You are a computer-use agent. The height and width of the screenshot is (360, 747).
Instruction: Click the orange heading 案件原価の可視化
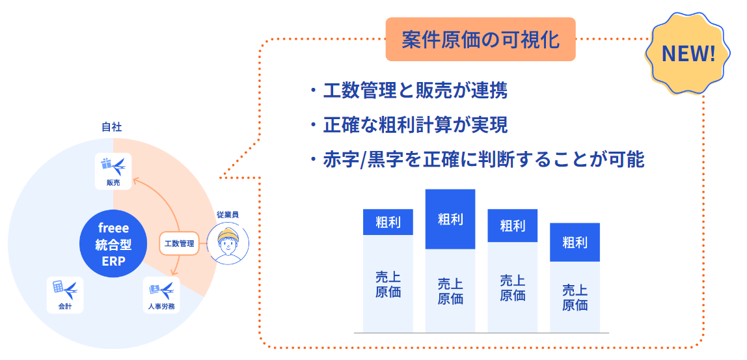(480, 40)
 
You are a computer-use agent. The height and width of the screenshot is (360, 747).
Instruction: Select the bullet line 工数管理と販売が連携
(414, 90)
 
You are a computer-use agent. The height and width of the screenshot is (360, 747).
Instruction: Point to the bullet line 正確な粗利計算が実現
(414, 125)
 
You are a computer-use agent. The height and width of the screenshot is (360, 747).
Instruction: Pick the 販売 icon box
(113, 171)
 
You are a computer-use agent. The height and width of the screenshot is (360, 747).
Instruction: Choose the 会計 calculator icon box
(65, 295)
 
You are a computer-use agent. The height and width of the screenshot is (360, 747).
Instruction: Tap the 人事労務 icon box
(161, 295)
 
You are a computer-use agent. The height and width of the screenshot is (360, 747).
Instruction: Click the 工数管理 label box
(179, 243)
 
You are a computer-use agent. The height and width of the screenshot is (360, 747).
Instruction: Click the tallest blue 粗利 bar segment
(450, 219)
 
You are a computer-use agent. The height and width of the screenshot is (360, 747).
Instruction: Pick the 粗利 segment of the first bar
(388, 223)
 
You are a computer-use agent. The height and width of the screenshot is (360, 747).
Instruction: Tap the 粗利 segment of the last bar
(575, 242)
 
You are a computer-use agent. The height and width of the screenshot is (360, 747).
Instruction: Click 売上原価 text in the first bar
(388, 283)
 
